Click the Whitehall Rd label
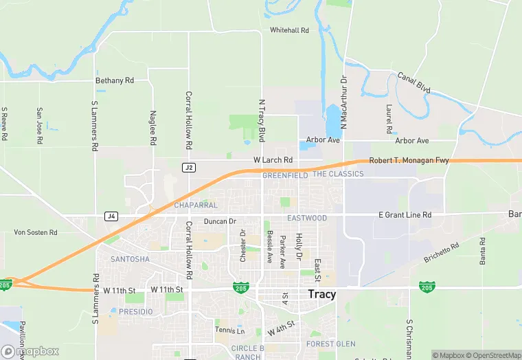tap(289, 30)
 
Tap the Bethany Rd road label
tap(115, 80)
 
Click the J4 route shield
tap(111, 216)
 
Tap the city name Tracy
tap(322, 294)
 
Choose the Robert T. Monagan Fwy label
tap(409, 161)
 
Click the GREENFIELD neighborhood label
tap(285, 175)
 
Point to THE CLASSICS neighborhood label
tap(338, 174)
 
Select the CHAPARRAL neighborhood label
tap(196, 205)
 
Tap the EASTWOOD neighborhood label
tap(307, 218)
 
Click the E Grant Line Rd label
tap(405, 215)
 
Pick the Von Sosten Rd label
tap(36, 232)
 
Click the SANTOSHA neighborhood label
tap(130, 259)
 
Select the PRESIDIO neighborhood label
tap(136, 311)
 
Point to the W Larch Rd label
tap(273, 160)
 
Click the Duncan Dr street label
tap(220, 221)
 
